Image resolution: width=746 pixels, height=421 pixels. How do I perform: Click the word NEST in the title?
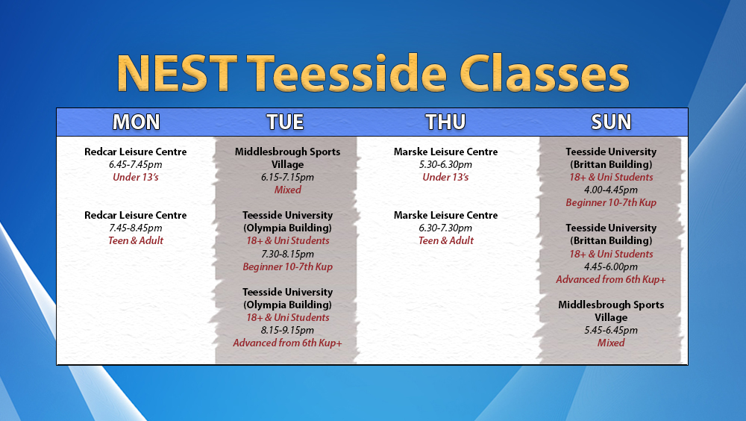click(177, 73)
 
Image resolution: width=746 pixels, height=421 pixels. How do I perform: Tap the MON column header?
click(136, 122)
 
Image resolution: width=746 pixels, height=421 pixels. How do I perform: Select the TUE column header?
click(285, 122)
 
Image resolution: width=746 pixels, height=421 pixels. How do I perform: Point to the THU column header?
click(445, 122)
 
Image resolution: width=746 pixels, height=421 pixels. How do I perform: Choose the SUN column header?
click(611, 122)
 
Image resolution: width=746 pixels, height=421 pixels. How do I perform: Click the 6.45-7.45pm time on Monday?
click(136, 165)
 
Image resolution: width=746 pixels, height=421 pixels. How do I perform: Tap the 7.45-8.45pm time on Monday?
click(136, 228)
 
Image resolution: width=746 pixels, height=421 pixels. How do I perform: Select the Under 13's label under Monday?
click(136, 177)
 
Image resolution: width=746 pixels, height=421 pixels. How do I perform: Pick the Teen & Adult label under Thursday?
click(446, 240)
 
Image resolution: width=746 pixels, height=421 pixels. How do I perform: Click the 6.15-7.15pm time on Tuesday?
click(287, 178)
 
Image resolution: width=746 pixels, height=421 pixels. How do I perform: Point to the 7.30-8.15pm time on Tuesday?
click(287, 254)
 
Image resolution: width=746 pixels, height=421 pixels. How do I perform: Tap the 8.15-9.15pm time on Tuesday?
click(287, 330)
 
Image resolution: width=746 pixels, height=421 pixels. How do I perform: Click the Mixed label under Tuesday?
click(287, 190)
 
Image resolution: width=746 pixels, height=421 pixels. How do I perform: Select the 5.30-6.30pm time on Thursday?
click(446, 165)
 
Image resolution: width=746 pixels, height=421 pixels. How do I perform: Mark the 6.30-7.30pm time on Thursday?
click(446, 228)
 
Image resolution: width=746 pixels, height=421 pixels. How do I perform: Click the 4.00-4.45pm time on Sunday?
click(611, 190)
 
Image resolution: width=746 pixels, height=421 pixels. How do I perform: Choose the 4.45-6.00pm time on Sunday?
click(611, 266)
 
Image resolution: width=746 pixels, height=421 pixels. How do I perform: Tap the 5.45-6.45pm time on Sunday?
click(611, 330)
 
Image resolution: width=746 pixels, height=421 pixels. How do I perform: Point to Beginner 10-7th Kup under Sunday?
click(611, 203)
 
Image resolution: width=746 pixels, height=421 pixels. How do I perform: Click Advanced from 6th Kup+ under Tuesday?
click(287, 343)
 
